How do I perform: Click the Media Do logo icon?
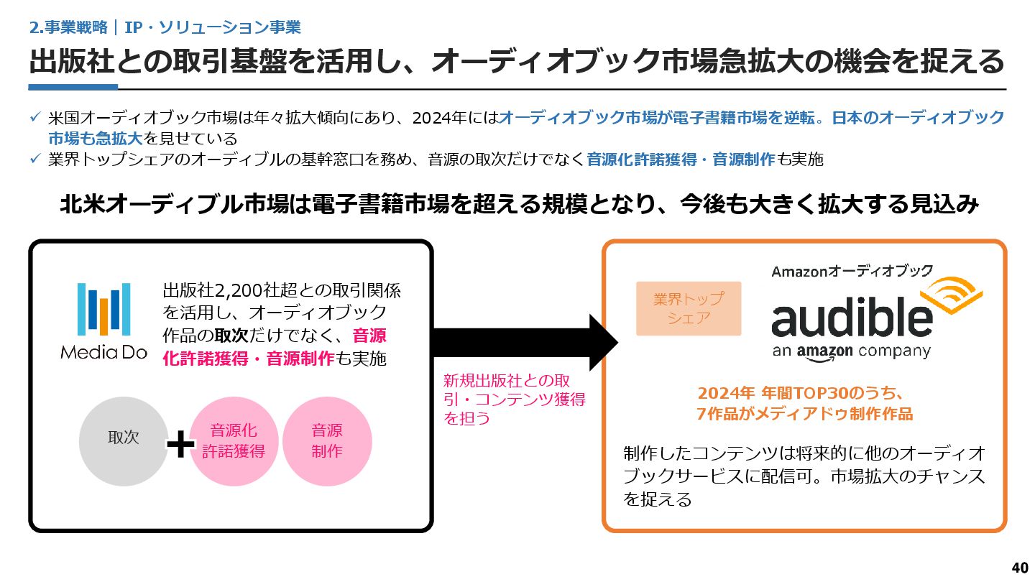pos(103,309)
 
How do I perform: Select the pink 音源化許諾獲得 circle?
pos(234,441)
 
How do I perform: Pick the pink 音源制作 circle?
pos(327,441)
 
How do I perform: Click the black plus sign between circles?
pos(180,445)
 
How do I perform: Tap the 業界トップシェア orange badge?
pos(688,308)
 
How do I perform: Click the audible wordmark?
pos(852,318)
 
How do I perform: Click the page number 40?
pos(1019,568)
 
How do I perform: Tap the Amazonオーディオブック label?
pos(852,271)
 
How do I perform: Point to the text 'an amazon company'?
pos(851,351)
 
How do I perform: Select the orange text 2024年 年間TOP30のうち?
pos(799,394)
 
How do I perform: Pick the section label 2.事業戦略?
pos(68,27)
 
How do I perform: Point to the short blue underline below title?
pos(73,87)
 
